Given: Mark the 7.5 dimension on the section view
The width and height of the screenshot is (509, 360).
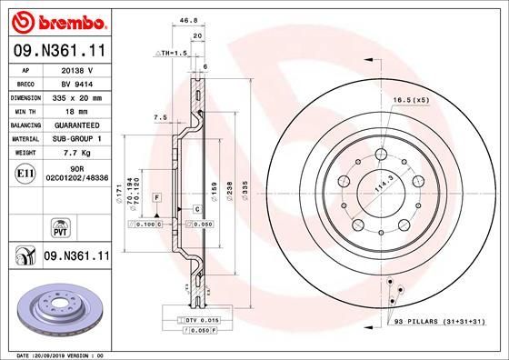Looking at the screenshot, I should [160, 117].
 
